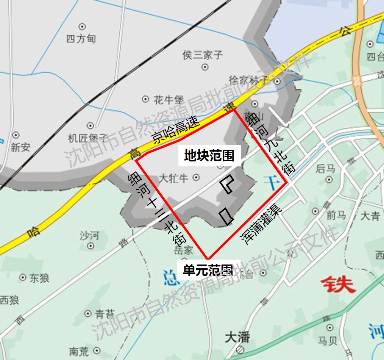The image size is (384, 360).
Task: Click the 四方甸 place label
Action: click(x=81, y=38)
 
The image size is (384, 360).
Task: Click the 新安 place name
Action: click(x=20, y=147)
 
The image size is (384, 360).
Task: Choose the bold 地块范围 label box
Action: click(x=209, y=155)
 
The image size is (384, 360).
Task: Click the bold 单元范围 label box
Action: click(x=208, y=270)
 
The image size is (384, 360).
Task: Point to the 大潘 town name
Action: click(x=237, y=337)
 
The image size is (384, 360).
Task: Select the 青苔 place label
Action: click(x=105, y=314)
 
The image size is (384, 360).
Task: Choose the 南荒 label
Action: click(x=79, y=351)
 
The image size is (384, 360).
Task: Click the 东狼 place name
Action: click(x=39, y=278)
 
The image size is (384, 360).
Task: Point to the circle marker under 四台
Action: click(x=370, y=44)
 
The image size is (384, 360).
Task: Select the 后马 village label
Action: click(x=326, y=169)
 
